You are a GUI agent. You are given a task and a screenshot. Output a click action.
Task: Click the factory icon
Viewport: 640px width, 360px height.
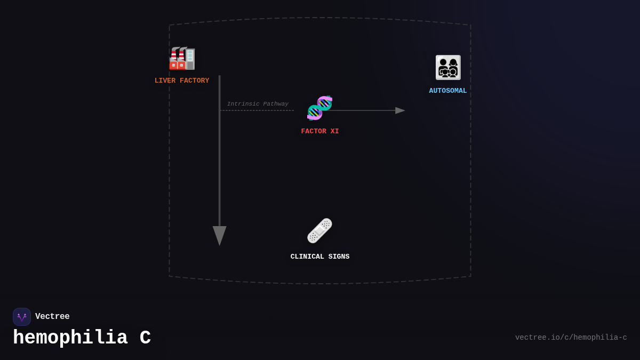(182, 59)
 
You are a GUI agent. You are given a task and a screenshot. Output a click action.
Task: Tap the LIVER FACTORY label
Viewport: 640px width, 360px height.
(182, 81)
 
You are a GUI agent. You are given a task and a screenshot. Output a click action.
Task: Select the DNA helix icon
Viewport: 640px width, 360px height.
(319, 108)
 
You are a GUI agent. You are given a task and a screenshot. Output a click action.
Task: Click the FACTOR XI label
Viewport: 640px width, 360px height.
(320, 131)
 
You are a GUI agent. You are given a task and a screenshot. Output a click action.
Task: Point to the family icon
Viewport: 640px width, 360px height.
(448, 68)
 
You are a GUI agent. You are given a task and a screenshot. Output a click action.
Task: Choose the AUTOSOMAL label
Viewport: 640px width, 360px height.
(448, 91)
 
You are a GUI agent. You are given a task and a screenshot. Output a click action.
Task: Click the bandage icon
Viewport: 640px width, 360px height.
(319, 231)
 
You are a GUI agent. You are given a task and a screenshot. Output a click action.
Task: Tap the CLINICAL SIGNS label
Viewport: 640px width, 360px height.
(320, 257)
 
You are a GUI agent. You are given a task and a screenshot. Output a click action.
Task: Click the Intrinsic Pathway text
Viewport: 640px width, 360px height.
(258, 104)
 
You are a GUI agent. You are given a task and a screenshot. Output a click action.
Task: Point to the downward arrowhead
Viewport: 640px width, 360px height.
(220, 235)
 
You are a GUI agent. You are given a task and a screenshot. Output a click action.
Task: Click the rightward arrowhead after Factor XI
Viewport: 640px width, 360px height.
(400, 110)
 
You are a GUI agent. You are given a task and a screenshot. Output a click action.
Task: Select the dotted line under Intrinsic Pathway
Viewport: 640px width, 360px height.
(257, 110)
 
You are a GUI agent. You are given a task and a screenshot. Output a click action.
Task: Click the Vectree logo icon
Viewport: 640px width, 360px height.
(22, 317)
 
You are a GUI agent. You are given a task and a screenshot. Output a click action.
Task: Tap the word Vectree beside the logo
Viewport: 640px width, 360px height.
(52, 317)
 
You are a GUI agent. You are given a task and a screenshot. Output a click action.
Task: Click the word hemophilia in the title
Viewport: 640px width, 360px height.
(70, 338)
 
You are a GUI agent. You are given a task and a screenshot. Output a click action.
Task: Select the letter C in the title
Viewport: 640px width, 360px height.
(145, 338)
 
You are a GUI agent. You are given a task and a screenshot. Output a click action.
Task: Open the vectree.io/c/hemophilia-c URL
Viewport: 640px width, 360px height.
(571, 338)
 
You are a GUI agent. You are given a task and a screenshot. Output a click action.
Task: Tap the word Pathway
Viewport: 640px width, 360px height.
(276, 104)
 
